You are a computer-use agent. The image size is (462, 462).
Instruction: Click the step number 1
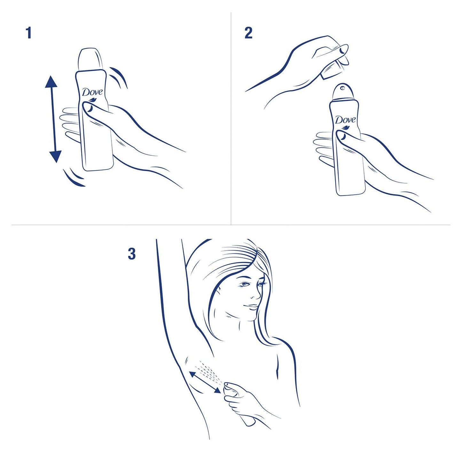pyautogui.click(x=29, y=33)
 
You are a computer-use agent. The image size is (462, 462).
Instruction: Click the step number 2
pyautogui.click(x=248, y=33)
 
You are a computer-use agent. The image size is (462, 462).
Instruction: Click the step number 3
pyautogui.click(x=132, y=254)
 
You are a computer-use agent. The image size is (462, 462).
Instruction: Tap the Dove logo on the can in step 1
pyautogui.click(x=92, y=93)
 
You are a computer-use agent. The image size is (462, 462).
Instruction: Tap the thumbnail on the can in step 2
pyautogui.click(x=342, y=137)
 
